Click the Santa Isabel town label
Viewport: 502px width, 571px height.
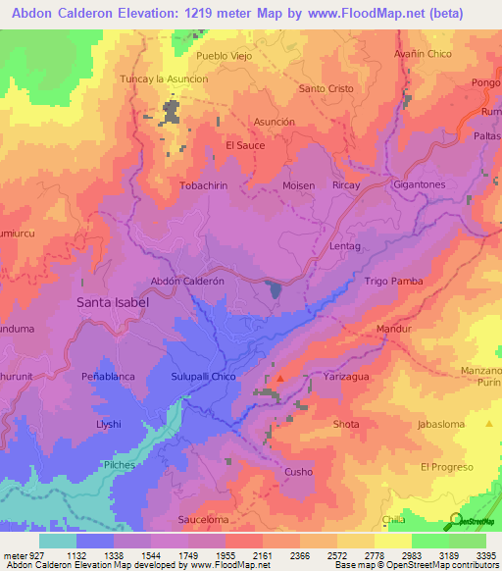click(113, 303)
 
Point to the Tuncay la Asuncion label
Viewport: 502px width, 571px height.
click(164, 78)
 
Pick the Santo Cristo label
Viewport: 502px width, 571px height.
click(326, 88)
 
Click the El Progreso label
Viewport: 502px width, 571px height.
click(447, 467)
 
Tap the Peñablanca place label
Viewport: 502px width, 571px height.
click(113, 376)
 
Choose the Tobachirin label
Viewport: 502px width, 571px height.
click(204, 184)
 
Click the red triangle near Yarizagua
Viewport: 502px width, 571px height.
click(280, 378)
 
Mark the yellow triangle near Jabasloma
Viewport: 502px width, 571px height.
click(489, 423)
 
